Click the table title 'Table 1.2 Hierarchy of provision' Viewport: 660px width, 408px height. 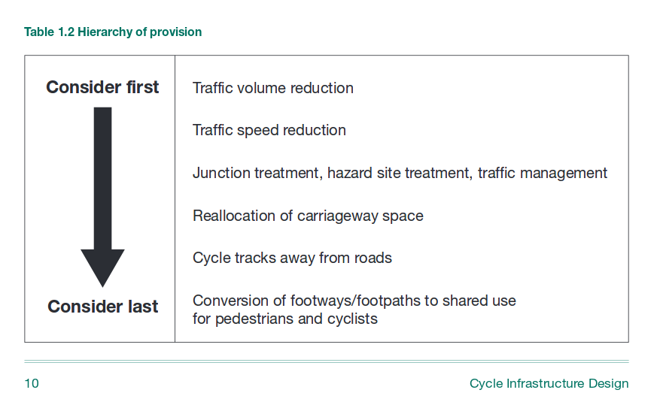(113, 32)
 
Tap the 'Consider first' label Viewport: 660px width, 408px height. (102, 87)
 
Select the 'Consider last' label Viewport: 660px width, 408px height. (102, 307)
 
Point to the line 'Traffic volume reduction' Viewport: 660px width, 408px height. (272, 88)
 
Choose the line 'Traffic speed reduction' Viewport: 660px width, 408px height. (269, 131)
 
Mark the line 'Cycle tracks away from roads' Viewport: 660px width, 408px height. (292, 258)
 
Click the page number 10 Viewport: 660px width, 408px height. (32, 384)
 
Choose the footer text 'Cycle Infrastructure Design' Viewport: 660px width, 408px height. (549, 384)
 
